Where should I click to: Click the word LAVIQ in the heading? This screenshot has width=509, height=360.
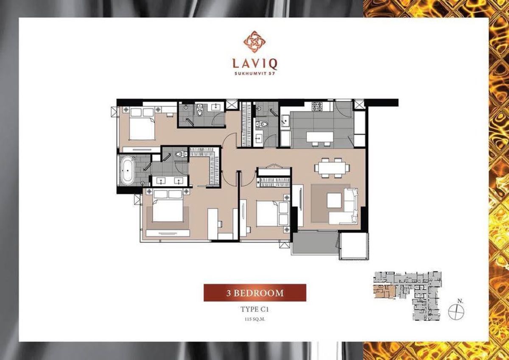tap(255, 64)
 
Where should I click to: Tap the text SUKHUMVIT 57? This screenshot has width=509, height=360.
tap(255, 73)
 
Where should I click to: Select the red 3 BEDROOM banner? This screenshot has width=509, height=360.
tap(255, 293)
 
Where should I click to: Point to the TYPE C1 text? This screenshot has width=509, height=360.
tap(255, 309)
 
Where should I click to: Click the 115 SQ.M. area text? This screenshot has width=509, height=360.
tap(255, 318)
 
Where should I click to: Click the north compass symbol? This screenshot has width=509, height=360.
tap(457, 312)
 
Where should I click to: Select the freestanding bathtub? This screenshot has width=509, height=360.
tap(127, 170)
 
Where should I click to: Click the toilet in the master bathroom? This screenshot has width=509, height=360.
tap(181, 154)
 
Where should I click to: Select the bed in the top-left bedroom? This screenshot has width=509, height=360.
tap(141, 124)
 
